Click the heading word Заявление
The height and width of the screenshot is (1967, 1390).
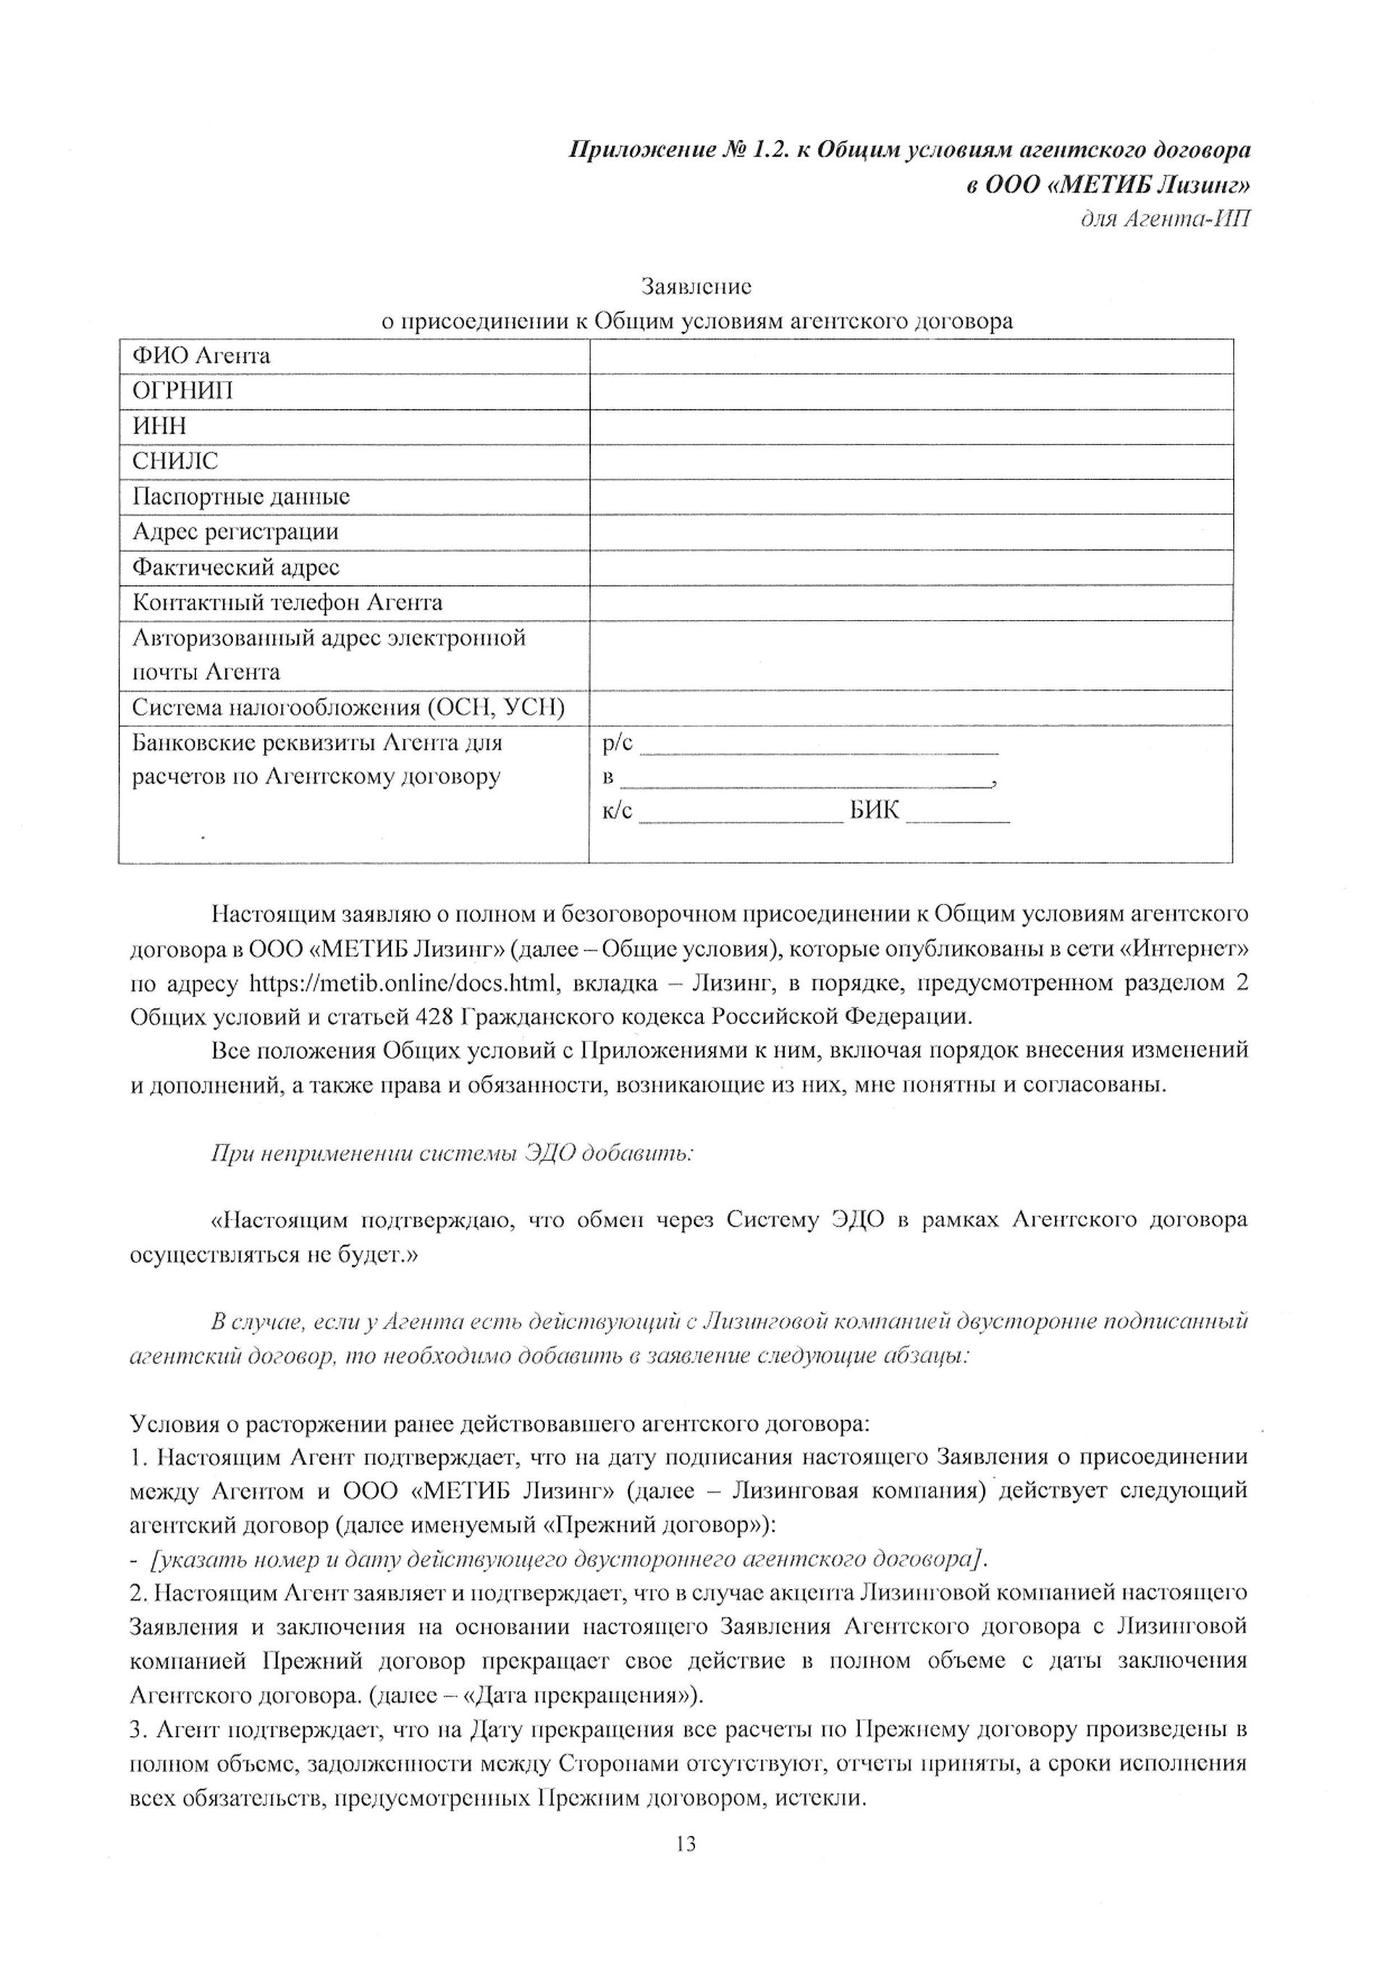click(x=696, y=285)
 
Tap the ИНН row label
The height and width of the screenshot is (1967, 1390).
click(x=159, y=427)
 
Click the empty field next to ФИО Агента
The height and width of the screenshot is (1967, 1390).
click(x=911, y=356)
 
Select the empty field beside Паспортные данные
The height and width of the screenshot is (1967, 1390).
click(x=911, y=497)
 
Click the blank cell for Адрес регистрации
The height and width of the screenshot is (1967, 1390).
click(x=911, y=532)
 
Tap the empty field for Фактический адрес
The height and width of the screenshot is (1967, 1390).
click(x=911, y=567)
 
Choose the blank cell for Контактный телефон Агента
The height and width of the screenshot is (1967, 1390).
click(x=911, y=603)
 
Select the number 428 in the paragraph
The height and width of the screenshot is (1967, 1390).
click(x=434, y=1017)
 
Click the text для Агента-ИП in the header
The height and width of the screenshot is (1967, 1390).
click(x=1165, y=219)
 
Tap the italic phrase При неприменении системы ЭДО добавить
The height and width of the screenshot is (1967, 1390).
click(x=451, y=1153)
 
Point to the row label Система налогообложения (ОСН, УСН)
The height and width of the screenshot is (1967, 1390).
click(x=348, y=708)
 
